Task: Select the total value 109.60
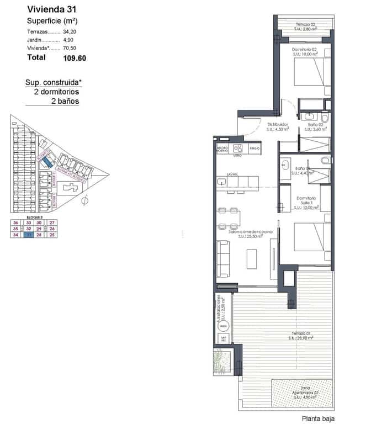pyautogui.click(x=75, y=57)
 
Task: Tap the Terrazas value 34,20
pyautogui.click(x=71, y=32)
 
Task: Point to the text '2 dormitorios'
pyautogui.click(x=56, y=92)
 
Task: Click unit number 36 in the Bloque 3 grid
pyautogui.click(x=15, y=222)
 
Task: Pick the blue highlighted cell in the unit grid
pyautogui.click(x=39, y=235)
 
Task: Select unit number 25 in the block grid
pyautogui.click(x=52, y=235)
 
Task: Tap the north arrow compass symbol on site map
pyautogui.click(x=84, y=200)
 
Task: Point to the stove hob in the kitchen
pyautogui.click(x=238, y=148)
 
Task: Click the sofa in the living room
pyautogui.click(x=223, y=259)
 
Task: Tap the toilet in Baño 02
pyautogui.click(x=325, y=118)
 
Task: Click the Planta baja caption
pyautogui.click(x=318, y=418)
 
